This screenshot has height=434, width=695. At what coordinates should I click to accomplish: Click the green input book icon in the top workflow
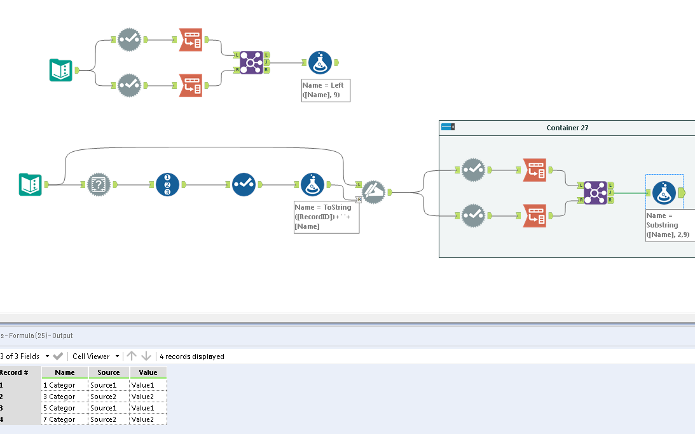(61, 70)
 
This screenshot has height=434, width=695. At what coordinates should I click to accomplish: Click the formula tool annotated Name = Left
(320, 62)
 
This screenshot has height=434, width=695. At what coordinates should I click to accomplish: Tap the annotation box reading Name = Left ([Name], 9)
(326, 90)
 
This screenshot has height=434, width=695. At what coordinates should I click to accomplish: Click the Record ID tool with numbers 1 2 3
(167, 184)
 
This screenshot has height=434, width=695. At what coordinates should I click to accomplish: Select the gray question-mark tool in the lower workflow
(99, 184)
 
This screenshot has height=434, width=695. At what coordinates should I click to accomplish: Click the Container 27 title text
(567, 128)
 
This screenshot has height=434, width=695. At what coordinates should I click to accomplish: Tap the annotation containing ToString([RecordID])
(326, 217)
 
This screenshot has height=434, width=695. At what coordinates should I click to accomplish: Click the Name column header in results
(65, 372)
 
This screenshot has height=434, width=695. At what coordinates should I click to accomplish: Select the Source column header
(109, 372)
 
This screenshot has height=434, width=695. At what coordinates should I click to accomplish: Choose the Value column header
(148, 372)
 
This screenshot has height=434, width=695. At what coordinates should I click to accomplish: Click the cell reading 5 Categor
(64, 408)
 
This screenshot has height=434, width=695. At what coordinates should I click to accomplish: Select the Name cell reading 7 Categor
(64, 419)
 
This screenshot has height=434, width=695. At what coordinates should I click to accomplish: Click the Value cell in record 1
(148, 385)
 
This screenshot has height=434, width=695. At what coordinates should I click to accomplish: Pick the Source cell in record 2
(109, 397)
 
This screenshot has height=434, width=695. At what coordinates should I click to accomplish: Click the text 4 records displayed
(192, 356)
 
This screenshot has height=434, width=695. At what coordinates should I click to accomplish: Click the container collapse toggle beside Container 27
(448, 128)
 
